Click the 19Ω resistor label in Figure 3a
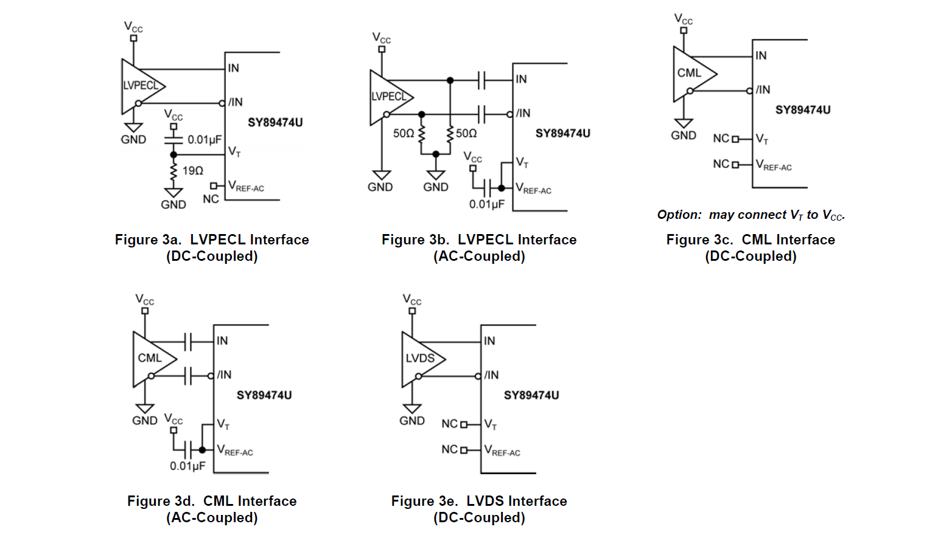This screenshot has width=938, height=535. coord(193,171)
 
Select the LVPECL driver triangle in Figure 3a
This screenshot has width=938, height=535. coord(141,86)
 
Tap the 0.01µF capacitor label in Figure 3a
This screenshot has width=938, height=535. coord(205,140)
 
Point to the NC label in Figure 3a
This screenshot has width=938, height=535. coord(211,199)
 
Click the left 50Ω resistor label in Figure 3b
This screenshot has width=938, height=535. coord(403,133)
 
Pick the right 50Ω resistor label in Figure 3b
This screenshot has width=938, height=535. coord(466,133)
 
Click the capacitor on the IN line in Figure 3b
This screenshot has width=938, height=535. coord(481,80)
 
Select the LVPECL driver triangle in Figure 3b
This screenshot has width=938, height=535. coord(389,97)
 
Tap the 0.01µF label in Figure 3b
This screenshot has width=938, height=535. coord(486,204)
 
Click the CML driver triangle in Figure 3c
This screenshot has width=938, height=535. coord(691,74)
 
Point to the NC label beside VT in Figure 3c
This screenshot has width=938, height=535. coord(721,139)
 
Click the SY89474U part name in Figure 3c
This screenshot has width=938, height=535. coord(802,110)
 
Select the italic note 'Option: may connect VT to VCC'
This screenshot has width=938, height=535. coord(751,215)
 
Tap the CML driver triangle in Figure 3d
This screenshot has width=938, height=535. coord(152,359)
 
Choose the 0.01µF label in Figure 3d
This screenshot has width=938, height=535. coord(187,466)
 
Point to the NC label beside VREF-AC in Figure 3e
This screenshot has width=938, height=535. coord(449,450)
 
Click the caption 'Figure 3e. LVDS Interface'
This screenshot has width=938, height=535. coord(479,501)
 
